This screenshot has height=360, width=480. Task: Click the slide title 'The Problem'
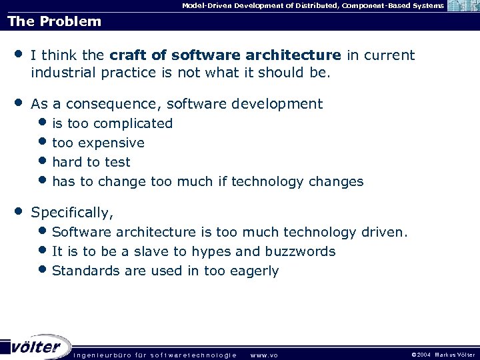(55, 21)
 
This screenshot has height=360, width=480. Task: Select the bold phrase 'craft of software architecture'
(225, 55)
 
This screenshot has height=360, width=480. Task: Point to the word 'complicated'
(133, 123)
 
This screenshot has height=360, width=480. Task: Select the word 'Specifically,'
(73, 213)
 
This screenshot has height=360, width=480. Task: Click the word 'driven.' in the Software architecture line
(385, 232)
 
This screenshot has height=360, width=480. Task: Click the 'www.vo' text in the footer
(264, 355)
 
